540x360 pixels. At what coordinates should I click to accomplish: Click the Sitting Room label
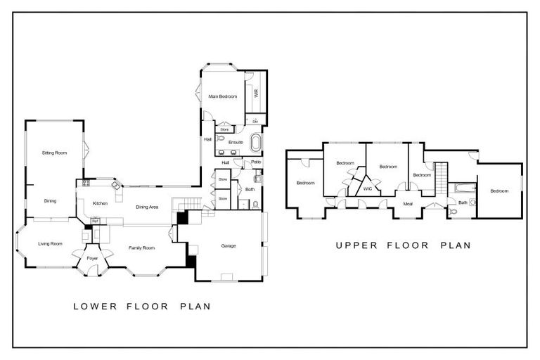coord(54,153)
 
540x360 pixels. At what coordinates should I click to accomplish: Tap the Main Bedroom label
coord(223,96)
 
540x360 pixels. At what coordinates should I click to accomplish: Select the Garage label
coord(229,246)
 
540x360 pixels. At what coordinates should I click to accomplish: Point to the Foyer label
coord(92,259)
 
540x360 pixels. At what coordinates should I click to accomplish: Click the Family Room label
coord(141,248)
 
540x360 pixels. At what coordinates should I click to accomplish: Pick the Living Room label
coord(50,244)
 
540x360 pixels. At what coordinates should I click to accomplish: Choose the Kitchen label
coord(100,204)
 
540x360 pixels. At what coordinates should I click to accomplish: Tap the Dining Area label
coord(146,207)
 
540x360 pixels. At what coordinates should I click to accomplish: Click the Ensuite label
coord(236,143)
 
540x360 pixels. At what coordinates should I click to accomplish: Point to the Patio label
coord(247,163)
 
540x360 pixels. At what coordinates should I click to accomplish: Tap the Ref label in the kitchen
coord(95,221)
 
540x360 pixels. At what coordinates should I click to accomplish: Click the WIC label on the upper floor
coord(367,188)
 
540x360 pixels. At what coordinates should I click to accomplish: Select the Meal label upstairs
coord(408,203)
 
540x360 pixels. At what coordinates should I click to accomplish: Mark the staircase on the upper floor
coord(441,176)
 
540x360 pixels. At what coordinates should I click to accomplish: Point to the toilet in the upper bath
coord(472,202)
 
